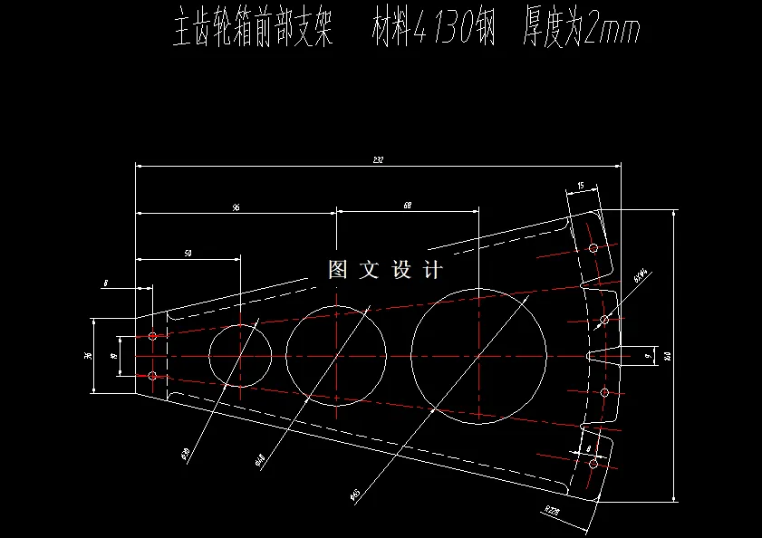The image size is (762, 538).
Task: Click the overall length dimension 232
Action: pos(378,160)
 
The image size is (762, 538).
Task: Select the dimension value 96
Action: pos(236,208)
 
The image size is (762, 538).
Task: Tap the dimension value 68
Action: pos(407,207)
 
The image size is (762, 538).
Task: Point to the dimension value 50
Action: pos(188,254)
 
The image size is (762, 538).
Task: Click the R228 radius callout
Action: pos(552,511)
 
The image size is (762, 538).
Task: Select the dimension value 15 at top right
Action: pos(579,187)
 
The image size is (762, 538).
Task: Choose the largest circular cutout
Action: pos(478,355)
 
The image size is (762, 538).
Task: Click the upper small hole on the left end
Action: pos(153,336)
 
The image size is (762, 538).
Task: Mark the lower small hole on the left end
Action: pos(152,375)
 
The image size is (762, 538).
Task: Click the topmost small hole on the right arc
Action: pos(593,247)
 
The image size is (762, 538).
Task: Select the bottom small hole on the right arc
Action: pos(593,464)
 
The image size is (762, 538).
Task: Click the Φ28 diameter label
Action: pos(185,451)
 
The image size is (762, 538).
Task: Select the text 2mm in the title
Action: pos(613,33)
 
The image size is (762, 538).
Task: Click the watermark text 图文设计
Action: pos(385,270)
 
